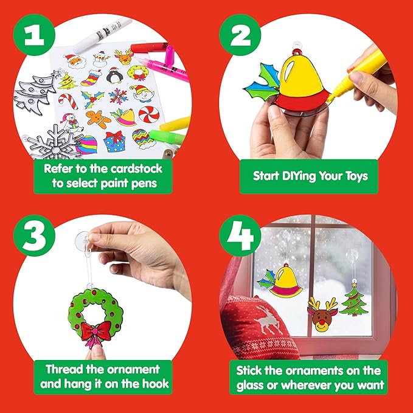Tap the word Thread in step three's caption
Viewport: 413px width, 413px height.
pyautogui.click(x=64, y=369)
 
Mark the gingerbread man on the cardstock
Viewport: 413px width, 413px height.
pyautogui.click(x=97, y=118)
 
